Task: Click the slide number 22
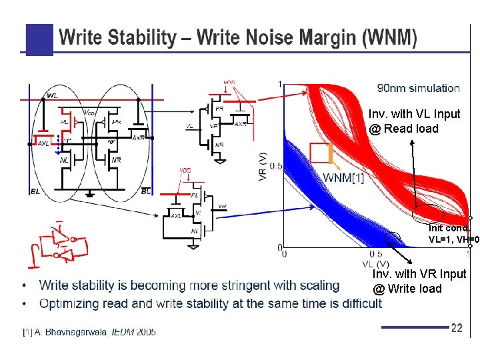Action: click(x=457, y=328)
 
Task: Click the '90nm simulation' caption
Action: click(x=418, y=88)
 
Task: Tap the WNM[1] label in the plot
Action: click(x=343, y=177)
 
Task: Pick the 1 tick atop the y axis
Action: click(x=279, y=84)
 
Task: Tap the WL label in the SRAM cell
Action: click(x=53, y=96)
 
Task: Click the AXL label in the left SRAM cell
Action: click(x=43, y=143)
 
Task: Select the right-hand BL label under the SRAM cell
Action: click(x=145, y=191)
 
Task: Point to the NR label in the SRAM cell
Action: click(x=117, y=160)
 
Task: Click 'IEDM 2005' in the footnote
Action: click(x=133, y=331)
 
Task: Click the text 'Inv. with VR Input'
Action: click(x=419, y=274)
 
